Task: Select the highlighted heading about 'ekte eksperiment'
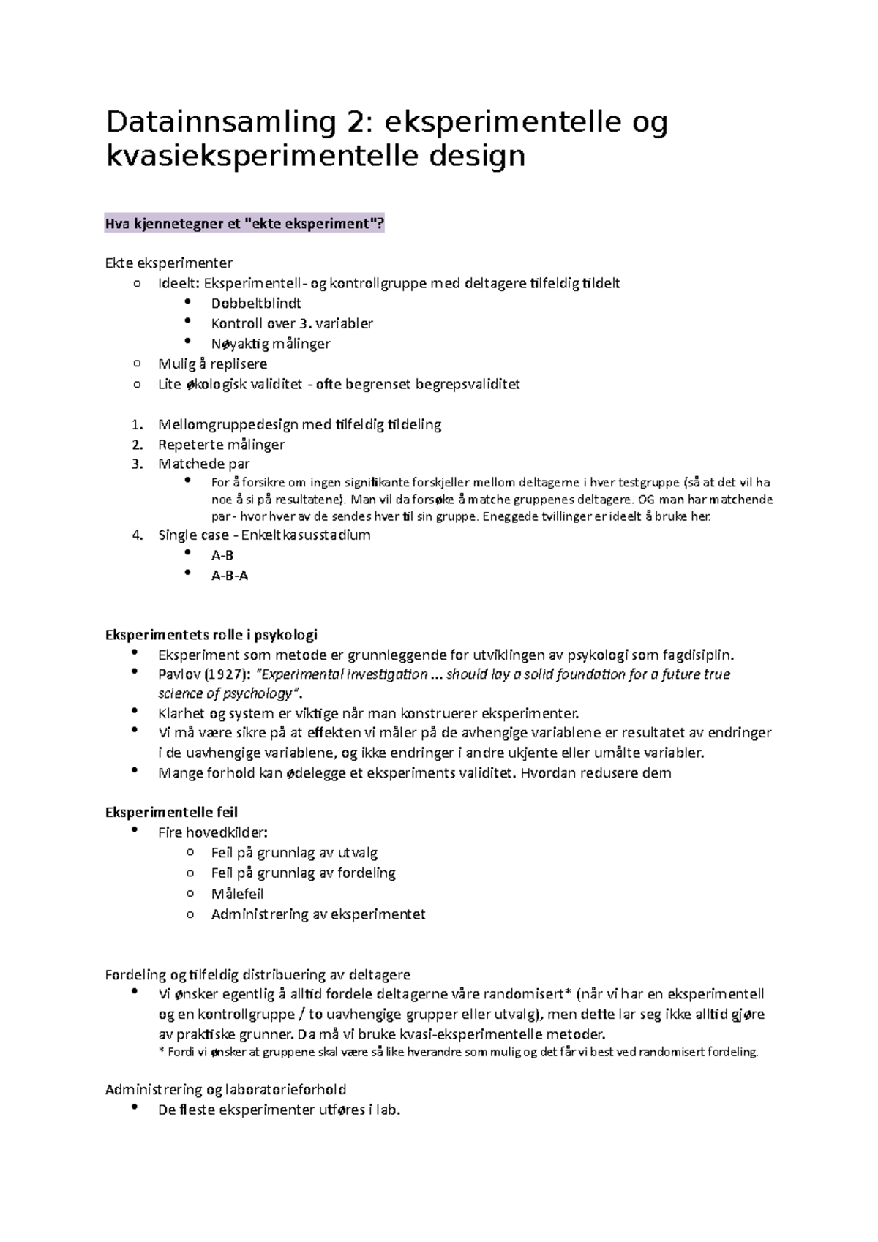tap(244, 224)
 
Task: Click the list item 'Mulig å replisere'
tap(212, 364)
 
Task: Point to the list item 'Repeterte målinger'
tap(221, 444)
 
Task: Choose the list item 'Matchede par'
tap(204, 464)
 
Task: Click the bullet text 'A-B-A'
tap(230, 576)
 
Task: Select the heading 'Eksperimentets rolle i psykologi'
tap(211, 634)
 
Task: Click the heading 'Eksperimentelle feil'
tap(171, 812)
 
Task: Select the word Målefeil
tap(237, 894)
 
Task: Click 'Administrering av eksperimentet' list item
tap(318, 914)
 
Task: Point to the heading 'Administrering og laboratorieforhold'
tap(225, 1089)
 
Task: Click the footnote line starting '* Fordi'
tap(458, 1053)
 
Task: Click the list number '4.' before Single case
tap(138, 535)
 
